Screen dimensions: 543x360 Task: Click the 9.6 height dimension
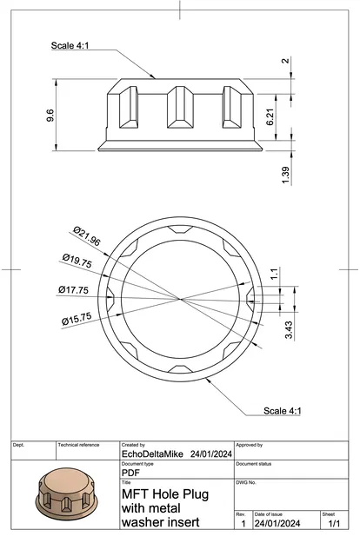click(x=50, y=115)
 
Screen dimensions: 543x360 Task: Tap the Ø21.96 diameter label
click(x=87, y=235)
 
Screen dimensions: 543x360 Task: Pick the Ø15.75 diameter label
click(x=77, y=318)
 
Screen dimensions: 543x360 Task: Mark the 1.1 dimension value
click(x=274, y=274)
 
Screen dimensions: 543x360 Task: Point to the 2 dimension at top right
click(x=285, y=61)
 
